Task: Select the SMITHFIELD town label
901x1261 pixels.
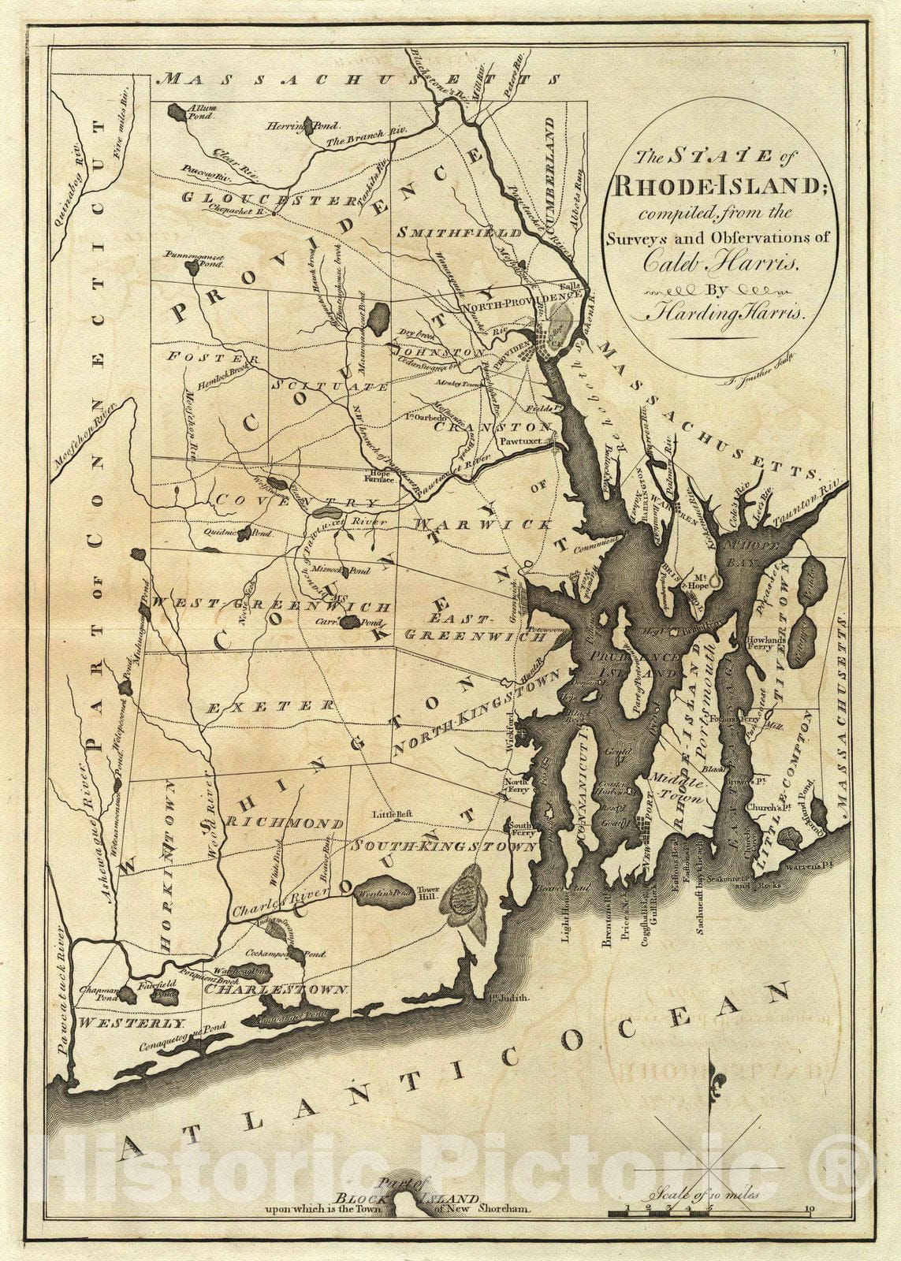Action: coord(460,233)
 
